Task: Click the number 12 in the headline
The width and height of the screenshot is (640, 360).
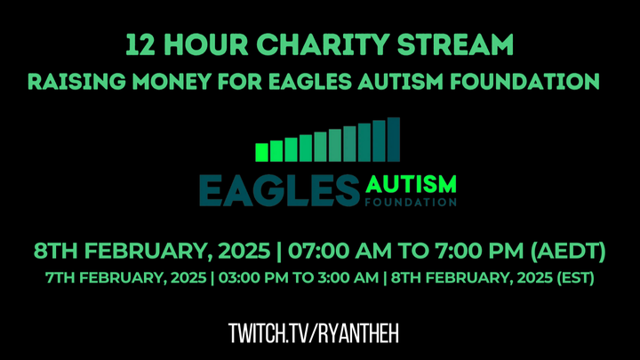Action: coord(140,44)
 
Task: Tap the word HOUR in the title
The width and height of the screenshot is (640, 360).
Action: coord(206,44)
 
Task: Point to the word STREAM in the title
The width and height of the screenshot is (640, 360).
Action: coord(455,44)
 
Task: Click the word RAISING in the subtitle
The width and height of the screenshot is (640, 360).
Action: coord(76,81)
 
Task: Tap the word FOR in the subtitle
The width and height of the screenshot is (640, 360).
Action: coord(240,81)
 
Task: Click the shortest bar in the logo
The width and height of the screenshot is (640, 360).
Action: coord(261,152)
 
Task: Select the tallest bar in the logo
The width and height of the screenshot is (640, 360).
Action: coord(394,140)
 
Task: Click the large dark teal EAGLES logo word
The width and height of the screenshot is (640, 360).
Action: coord(280,190)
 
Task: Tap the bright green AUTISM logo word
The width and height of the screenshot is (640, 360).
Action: coord(411,184)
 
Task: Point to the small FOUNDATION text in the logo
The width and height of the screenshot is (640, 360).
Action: coord(411,202)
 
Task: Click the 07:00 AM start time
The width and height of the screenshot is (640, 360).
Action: coord(340,251)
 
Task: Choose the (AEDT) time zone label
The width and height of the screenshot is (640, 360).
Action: coord(568,251)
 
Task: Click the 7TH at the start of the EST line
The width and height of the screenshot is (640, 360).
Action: coord(60,277)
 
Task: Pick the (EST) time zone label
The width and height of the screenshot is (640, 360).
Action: coord(576,278)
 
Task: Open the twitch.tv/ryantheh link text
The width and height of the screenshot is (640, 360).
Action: coord(314,333)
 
